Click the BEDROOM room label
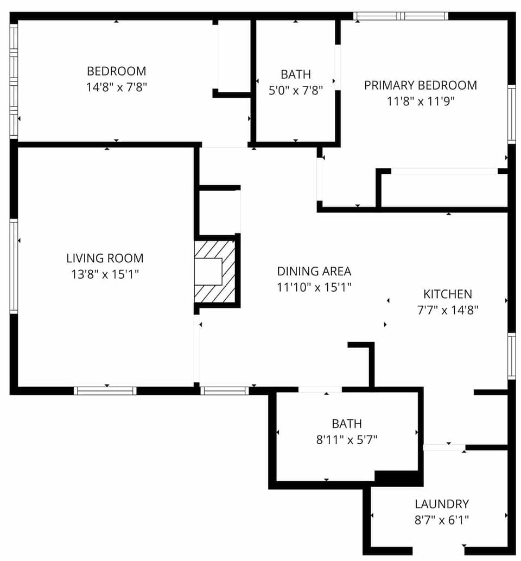click(116, 71)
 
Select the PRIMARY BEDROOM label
click(420, 85)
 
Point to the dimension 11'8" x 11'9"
click(420, 100)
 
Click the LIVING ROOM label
click(105, 259)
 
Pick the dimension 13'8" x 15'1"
click(105, 274)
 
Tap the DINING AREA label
click(314, 271)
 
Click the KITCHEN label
click(447, 294)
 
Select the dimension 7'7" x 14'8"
click(447, 310)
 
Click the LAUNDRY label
click(441, 504)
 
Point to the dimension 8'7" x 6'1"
click(441, 519)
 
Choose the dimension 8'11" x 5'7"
click(347, 439)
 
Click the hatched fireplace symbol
click(215, 272)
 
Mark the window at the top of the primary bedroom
click(401, 16)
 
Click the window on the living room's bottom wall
click(105, 390)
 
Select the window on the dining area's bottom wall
click(224, 390)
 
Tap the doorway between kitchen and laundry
click(444, 447)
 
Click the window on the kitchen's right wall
click(511, 356)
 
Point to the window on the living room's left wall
click(14, 266)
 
